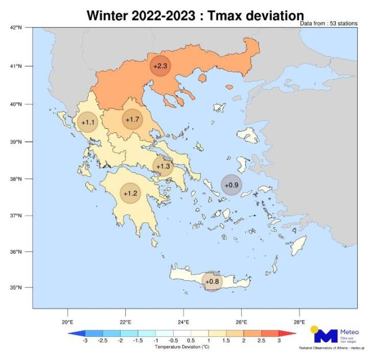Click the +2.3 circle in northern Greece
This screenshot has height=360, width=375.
tap(160, 66)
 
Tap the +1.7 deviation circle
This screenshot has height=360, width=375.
tap(132, 120)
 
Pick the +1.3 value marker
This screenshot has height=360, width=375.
tap(163, 166)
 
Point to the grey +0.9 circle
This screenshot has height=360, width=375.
tap(231, 185)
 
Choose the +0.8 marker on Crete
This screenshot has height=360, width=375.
tap(212, 281)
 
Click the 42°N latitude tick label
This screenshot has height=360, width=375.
tap(17, 28)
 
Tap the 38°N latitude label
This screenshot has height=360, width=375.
tap(17, 179)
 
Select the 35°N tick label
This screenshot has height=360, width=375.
tap(17, 287)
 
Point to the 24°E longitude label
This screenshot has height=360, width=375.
tap(183, 322)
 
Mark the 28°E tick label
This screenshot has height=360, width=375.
tap(299, 322)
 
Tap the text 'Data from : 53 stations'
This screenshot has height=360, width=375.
tap(329, 24)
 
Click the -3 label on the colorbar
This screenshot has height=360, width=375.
tap(85, 341)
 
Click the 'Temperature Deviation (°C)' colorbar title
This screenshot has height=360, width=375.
tap(182, 347)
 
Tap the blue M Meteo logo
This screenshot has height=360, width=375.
tap(326, 335)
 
